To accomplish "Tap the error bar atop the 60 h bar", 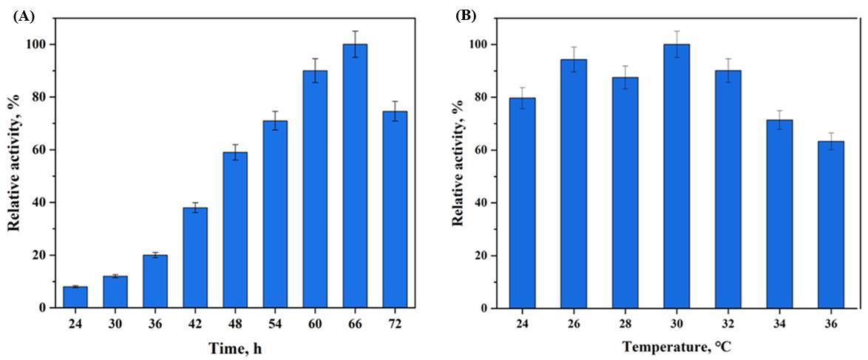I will [315, 70].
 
